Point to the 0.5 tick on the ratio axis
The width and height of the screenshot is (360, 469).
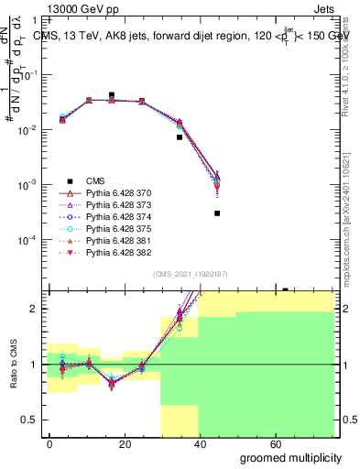coord(28,420)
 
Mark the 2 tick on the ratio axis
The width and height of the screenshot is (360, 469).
coord(33,309)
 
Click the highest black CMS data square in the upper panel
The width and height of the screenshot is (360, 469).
coord(112,94)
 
